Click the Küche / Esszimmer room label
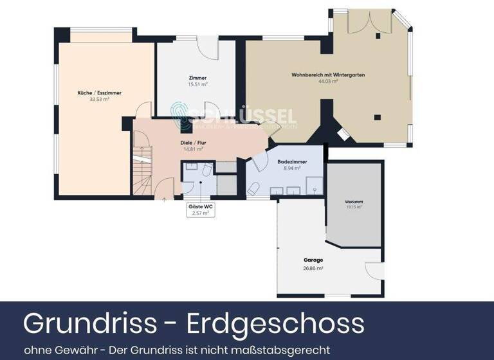click(x=99, y=93)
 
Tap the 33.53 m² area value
click(x=99, y=100)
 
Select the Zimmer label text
click(x=197, y=78)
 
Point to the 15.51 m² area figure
click(x=197, y=84)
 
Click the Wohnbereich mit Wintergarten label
click(x=328, y=75)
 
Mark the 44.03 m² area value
click(x=328, y=82)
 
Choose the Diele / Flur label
click(x=193, y=142)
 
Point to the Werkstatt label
click(x=354, y=202)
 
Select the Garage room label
click(x=313, y=260)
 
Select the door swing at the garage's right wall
click(x=375, y=271)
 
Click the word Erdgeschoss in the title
click(x=275, y=323)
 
